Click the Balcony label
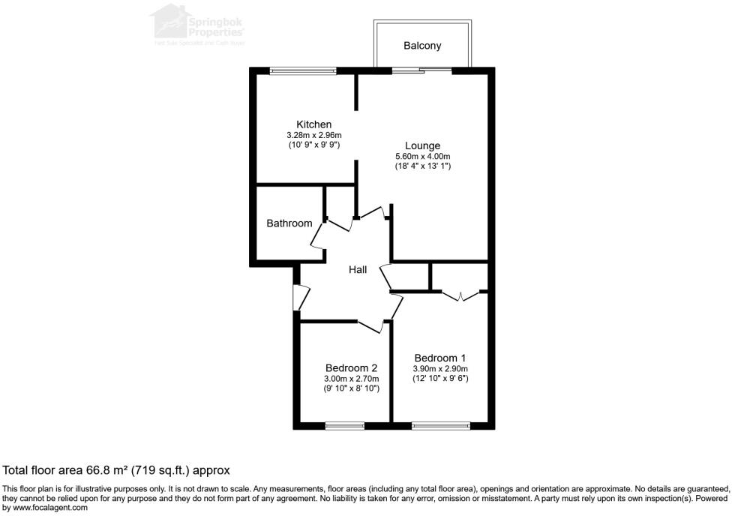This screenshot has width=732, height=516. pyautogui.click(x=422, y=46)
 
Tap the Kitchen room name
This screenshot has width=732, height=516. pyautogui.click(x=313, y=124)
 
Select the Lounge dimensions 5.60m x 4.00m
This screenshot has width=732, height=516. pyautogui.click(x=422, y=156)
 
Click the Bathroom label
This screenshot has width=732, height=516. pyautogui.click(x=289, y=223)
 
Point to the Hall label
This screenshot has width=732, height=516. pyautogui.click(x=358, y=270)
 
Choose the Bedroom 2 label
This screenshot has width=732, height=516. pyautogui.click(x=351, y=367)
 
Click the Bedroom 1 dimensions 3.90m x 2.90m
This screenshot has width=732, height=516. pyautogui.click(x=440, y=369)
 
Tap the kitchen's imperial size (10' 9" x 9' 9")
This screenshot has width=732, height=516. pyautogui.click(x=313, y=144)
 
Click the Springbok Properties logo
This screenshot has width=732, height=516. pyautogui.click(x=199, y=24)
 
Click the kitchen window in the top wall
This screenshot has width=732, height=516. pyautogui.click(x=303, y=71)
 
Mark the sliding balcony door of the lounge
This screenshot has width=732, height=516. pyautogui.click(x=421, y=71)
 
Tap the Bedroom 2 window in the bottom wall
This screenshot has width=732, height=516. pyautogui.click(x=344, y=426)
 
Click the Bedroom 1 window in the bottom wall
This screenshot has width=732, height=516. pyautogui.click(x=441, y=426)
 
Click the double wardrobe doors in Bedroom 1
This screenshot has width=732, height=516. pyautogui.click(x=460, y=295)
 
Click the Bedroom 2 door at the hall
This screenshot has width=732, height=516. pyautogui.click(x=371, y=325)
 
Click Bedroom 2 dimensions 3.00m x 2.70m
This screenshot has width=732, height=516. pyautogui.click(x=351, y=379)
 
